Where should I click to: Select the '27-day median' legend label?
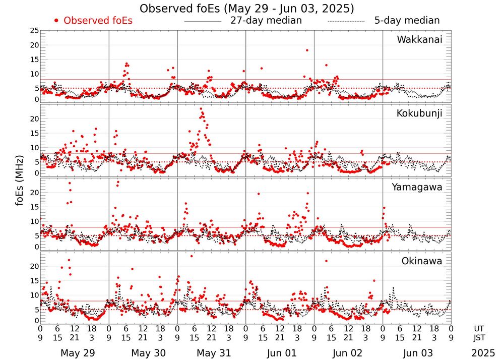point(266,21)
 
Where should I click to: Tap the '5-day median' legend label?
point(407,21)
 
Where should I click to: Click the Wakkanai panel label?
point(419,40)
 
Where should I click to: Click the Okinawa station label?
point(421,261)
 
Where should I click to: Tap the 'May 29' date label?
point(77,353)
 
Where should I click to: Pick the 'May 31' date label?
point(214,353)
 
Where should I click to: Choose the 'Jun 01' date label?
point(282,353)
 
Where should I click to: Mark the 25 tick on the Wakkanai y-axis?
point(34,31)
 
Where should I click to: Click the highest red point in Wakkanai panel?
point(306,50)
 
